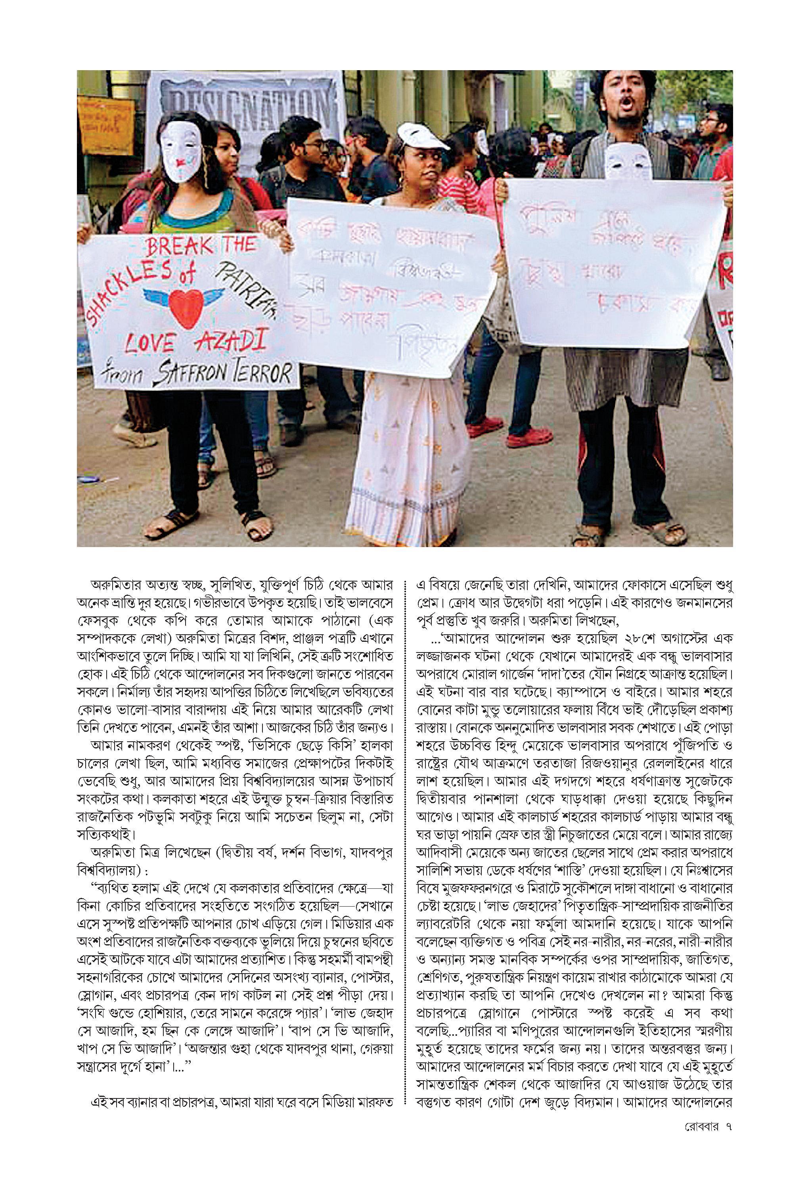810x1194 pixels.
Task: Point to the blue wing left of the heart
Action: point(160,296)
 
